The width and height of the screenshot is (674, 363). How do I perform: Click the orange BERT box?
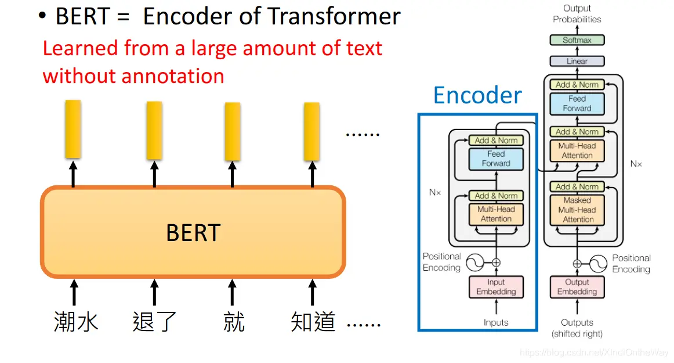coord(193,232)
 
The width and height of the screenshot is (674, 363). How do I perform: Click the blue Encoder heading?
coord(477,95)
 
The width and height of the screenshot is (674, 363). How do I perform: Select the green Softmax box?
coord(577,40)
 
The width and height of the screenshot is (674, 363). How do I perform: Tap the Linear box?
coord(577,61)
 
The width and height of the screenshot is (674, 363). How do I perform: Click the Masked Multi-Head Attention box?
coord(578,210)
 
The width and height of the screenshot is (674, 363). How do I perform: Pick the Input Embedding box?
coord(496,287)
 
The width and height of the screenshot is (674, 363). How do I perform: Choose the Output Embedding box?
coord(577,287)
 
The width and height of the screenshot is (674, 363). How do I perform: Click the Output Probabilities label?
coord(577,13)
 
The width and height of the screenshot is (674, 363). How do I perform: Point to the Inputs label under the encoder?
coord(496,322)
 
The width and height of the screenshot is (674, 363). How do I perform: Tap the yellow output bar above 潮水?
coord(73,129)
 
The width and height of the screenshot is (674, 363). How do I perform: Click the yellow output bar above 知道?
coord(312,131)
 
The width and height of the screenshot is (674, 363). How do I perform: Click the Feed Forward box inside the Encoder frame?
coord(496,159)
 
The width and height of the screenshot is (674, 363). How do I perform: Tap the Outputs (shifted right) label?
coord(577,328)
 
